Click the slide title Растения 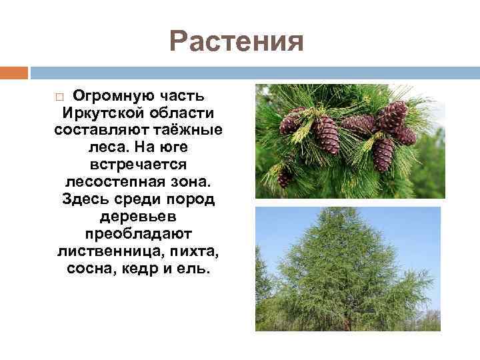237,41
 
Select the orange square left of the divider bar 14,72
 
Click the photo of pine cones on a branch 350,141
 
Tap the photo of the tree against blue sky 348,269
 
